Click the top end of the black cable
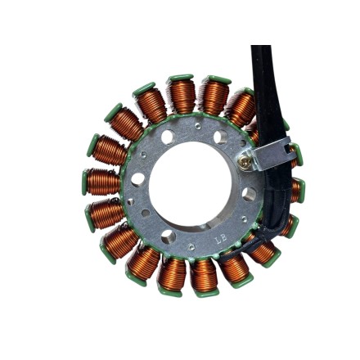pos(260,49)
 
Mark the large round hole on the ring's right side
pos(249,194)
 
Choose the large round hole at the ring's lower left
pos(168,236)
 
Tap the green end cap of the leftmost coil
pos(84,182)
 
